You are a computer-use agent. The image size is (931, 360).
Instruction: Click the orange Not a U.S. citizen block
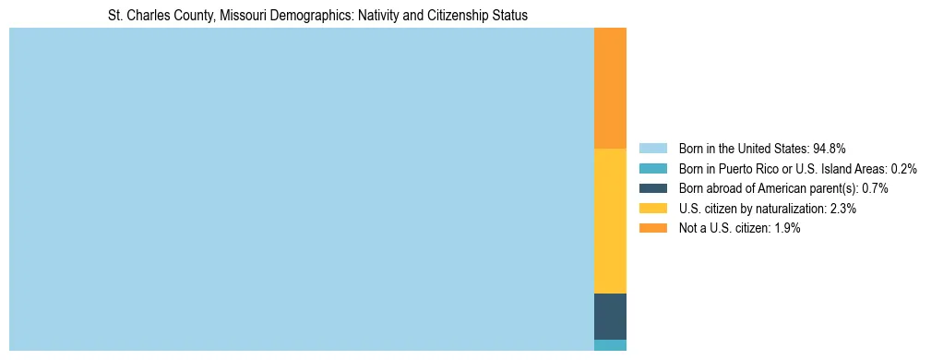610,89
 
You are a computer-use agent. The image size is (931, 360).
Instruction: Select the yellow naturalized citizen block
610,221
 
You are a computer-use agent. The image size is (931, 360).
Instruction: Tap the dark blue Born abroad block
610,317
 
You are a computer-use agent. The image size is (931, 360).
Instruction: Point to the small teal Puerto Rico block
610,345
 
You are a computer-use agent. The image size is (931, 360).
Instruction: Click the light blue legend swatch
652,149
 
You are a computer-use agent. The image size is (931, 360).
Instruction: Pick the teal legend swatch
652,169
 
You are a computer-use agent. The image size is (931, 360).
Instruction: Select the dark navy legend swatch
652,188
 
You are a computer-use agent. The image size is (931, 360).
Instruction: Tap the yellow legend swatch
652,209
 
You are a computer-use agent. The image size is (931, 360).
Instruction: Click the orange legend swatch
652,229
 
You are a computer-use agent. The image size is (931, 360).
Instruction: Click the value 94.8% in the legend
830,149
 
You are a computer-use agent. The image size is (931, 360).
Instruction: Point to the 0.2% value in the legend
904,169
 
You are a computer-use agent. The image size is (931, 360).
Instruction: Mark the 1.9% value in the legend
787,229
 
